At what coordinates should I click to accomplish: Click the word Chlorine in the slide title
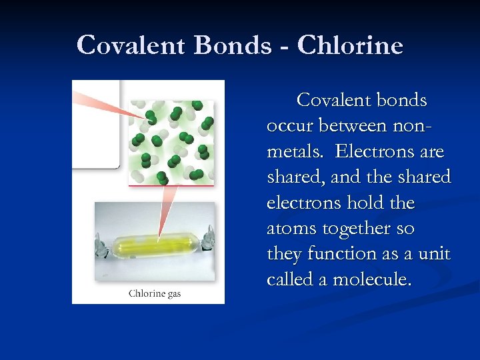350,45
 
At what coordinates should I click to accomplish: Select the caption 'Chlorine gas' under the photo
155,293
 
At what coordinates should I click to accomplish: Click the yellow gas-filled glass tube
155,237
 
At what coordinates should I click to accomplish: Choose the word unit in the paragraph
437,253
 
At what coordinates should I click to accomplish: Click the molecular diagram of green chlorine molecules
171,142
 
